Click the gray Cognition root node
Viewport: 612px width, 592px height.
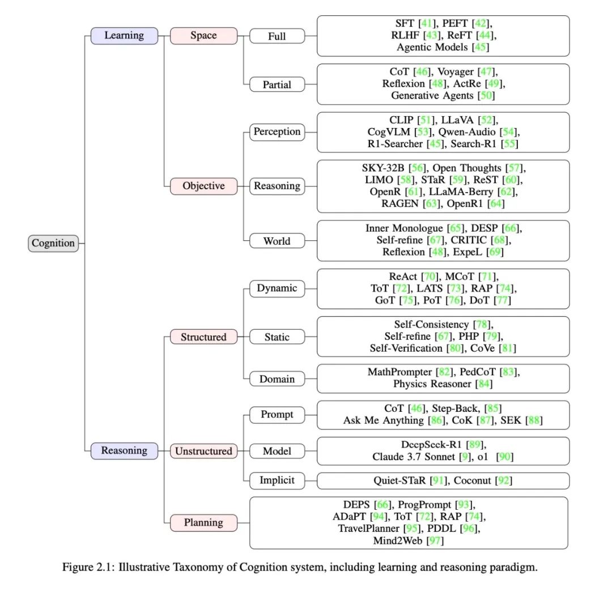pos(53,243)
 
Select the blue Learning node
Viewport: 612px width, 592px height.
pos(124,36)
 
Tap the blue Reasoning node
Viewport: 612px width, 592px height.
pos(124,451)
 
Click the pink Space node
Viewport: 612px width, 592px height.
pos(203,36)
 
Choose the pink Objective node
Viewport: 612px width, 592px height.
pos(203,186)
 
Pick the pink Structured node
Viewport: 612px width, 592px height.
pos(203,337)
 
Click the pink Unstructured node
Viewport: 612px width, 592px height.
pos(203,451)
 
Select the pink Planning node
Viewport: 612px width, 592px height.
pos(203,522)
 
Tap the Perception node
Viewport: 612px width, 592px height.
pos(277,132)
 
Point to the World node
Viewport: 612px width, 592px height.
pos(277,241)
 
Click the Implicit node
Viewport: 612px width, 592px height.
pos(277,480)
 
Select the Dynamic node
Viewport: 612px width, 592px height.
pos(277,288)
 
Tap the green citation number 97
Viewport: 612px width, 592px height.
pos(435,540)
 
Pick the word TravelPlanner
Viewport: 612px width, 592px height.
pos(369,529)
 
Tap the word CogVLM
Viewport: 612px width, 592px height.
pos(389,133)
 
